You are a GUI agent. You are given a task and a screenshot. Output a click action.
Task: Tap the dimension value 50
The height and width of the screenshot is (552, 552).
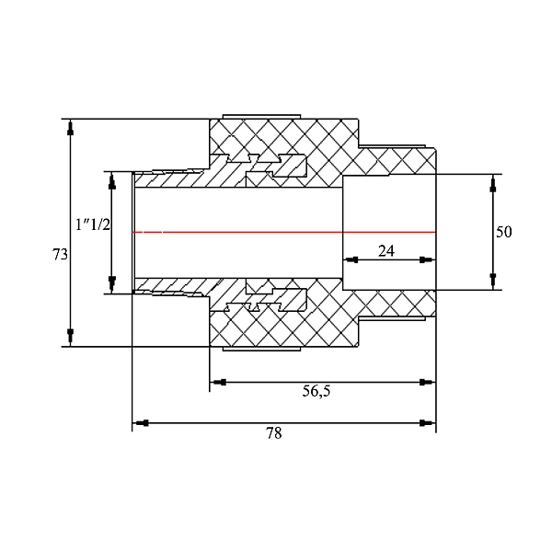(503, 232)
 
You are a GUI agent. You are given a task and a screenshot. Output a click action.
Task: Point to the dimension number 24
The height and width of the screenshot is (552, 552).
(386, 249)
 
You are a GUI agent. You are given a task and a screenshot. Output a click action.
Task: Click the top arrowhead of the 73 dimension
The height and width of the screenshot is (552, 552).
(70, 128)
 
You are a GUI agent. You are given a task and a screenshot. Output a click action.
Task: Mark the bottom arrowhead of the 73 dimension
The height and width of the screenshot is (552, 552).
(70, 336)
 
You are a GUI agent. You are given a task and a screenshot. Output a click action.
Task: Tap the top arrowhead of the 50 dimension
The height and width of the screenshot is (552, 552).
(494, 184)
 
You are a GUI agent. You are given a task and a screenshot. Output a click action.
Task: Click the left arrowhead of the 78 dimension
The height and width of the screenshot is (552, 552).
(143, 423)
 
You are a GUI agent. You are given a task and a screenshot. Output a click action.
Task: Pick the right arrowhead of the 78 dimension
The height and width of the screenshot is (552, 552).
(426, 423)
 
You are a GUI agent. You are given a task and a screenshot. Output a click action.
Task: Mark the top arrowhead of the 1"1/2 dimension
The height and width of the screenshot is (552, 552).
(111, 181)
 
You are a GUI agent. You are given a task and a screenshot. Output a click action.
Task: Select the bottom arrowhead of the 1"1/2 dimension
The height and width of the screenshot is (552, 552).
(111, 282)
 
